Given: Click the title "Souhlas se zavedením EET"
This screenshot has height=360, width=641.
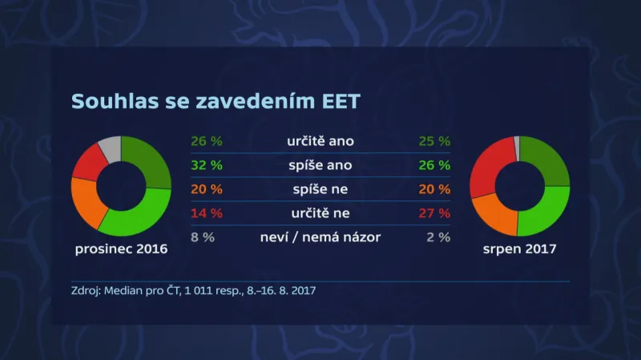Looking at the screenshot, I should [x=216, y=102].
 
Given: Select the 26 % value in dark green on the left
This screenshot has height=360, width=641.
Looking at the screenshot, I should [x=207, y=142].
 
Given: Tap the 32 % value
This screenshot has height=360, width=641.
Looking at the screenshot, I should [x=207, y=166].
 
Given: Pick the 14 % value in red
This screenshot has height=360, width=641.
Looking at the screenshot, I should [x=207, y=213].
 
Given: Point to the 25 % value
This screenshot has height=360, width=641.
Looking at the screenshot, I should [x=434, y=142].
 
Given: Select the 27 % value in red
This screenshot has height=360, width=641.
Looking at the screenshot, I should [x=434, y=213].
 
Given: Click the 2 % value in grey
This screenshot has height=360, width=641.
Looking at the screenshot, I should [x=437, y=237].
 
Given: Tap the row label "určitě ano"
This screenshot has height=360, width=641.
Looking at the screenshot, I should [x=320, y=142].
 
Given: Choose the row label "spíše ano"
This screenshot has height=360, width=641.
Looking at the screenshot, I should [x=320, y=166].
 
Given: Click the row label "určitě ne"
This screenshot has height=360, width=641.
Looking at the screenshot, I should [x=320, y=213].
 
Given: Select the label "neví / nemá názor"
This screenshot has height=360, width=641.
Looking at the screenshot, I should [x=320, y=237].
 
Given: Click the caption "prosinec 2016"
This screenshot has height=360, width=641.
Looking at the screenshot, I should [x=121, y=249].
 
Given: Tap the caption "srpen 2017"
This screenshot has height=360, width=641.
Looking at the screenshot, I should [x=520, y=249].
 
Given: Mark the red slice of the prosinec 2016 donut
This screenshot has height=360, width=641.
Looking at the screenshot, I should [x=88, y=163].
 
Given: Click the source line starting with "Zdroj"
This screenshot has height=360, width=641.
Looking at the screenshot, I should [x=193, y=289].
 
